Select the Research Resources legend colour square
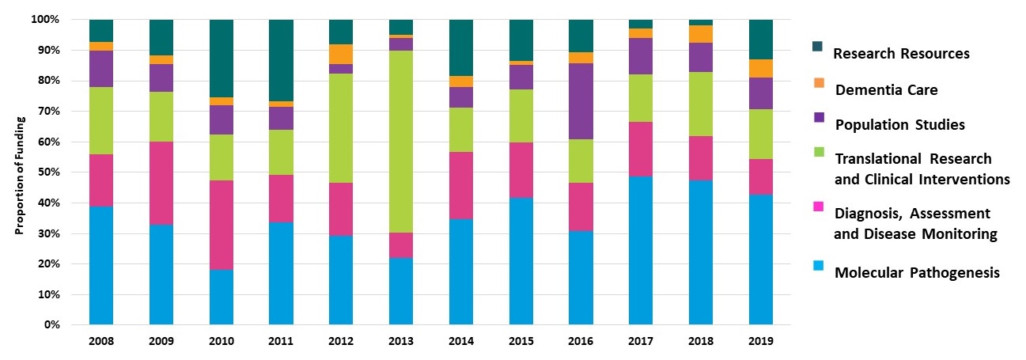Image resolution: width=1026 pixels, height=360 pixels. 819,47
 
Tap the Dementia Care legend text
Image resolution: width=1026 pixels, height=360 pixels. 886,90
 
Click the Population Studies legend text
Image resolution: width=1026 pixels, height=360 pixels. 899,125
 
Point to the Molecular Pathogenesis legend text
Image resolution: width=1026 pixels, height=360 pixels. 917,273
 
